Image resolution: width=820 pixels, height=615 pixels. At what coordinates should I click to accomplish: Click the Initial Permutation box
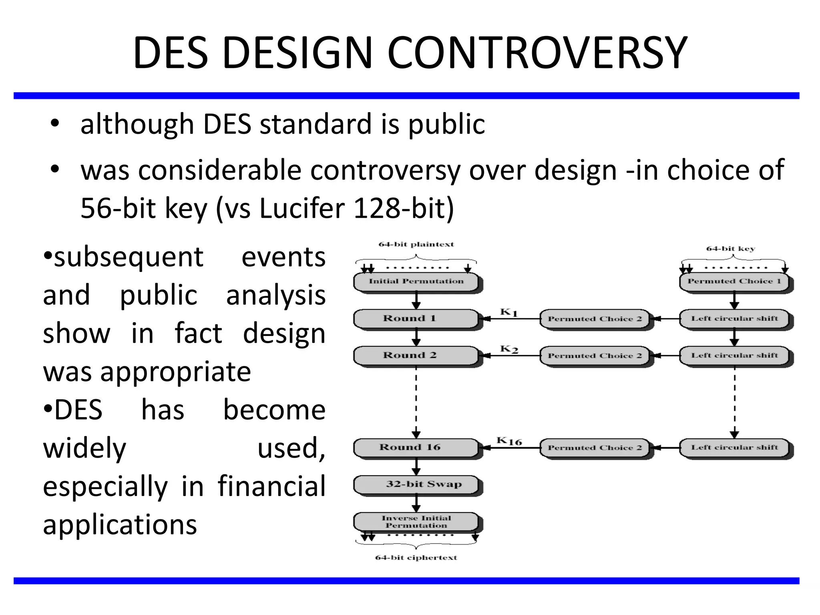click(416, 281)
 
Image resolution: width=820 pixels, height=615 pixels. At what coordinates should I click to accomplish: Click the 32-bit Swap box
click(416, 484)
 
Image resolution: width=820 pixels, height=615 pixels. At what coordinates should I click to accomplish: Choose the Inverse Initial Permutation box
click(416, 522)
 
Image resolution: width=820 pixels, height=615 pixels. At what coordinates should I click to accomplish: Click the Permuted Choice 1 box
click(734, 281)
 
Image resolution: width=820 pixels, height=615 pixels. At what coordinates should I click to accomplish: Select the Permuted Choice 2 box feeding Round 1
click(595, 319)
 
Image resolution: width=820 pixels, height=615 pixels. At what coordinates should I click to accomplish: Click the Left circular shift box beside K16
click(734, 448)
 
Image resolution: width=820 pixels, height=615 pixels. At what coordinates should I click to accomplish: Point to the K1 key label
click(509, 312)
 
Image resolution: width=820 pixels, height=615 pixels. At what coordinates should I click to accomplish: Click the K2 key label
click(509, 349)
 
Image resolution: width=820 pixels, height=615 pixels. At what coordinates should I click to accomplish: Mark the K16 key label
click(509, 441)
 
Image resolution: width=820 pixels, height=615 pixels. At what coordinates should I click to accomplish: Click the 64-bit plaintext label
click(416, 244)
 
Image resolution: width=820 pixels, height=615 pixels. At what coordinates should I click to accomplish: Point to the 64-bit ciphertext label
click(416, 558)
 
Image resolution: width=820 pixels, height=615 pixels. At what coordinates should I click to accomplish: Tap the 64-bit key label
click(730, 249)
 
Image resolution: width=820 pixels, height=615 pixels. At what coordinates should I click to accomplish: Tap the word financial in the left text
click(271, 486)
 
